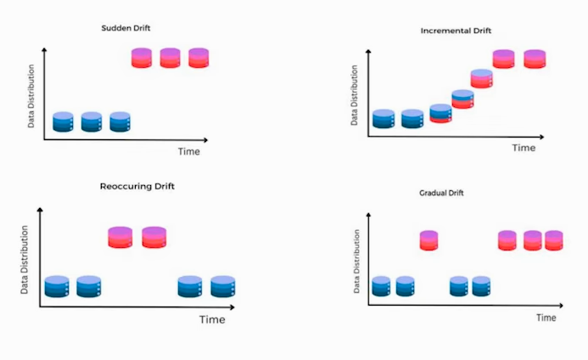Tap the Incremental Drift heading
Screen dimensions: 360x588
(x=456, y=31)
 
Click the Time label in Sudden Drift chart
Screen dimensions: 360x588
(x=188, y=151)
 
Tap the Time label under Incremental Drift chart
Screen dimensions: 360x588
(x=524, y=147)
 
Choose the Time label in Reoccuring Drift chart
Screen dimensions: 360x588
(x=212, y=320)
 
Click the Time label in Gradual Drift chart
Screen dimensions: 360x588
(x=546, y=318)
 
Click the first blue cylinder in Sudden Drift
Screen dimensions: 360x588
(x=64, y=121)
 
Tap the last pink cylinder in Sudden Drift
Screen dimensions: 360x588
(x=199, y=58)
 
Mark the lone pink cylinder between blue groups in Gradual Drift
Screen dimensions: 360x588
(x=428, y=240)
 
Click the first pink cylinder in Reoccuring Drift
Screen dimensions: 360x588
(x=120, y=236)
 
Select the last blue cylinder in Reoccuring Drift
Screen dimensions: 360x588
(x=222, y=286)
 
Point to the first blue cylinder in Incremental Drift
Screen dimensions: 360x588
(x=384, y=119)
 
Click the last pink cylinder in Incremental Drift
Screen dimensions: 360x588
(x=534, y=59)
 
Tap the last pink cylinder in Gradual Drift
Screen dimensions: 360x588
(x=554, y=240)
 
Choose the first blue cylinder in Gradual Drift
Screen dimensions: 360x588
(x=381, y=286)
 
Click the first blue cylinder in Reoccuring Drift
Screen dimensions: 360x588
(x=57, y=286)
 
